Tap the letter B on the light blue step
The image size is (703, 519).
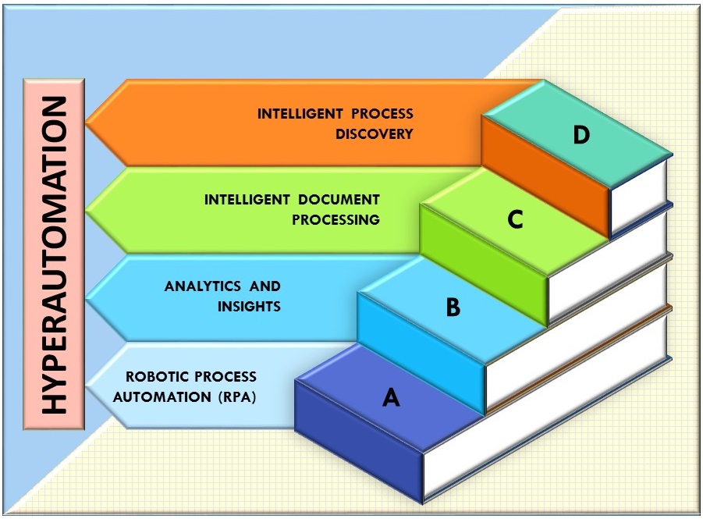[x=453, y=307]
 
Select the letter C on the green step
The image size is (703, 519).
[x=515, y=220]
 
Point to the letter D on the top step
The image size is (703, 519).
[x=581, y=135]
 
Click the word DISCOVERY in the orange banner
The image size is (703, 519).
[x=374, y=133]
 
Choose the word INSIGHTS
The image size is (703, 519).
[x=249, y=306]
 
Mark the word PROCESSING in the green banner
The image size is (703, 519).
[x=336, y=219]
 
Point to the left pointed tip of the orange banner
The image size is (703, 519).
[x=88, y=123]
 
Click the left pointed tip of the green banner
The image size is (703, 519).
[x=88, y=209]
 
